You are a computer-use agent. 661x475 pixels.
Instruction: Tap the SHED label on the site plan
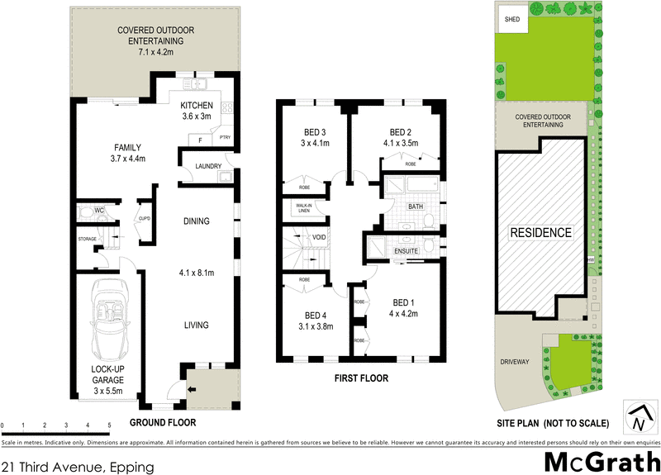[x=512, y=21]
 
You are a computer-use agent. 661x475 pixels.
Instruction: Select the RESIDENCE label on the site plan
[x=540, y=233]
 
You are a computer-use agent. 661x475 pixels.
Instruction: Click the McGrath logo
[x=602, y=461]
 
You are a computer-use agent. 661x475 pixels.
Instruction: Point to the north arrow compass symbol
[x=639, y=418]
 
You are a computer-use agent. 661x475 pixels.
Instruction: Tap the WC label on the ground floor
[x=99, y=211]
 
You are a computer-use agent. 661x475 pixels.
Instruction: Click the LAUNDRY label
[x=207, y=166]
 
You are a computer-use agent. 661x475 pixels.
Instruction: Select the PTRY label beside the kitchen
[x=224, y=138]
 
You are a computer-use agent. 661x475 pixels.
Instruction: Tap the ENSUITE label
[x=407, y=249]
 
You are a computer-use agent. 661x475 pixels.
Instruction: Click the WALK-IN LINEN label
[x=297, y=209]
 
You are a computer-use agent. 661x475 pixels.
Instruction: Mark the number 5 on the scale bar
[x=109, y=425]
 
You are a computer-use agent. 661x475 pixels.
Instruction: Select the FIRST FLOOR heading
[x=360, y=378]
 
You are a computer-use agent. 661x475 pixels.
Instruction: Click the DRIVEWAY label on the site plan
[x=514, y=362]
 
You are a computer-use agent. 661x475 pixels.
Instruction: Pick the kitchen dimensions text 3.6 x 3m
[x=197, y=116]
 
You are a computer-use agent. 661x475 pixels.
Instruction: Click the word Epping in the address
[x=131, y=467]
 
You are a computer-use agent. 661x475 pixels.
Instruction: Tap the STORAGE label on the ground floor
[x=87, y=239]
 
